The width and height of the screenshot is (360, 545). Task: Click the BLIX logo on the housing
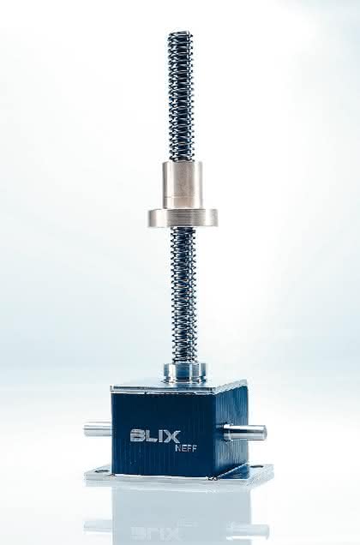(155, 436)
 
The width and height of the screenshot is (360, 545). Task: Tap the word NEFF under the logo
(185, 448)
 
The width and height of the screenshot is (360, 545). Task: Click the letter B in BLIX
(136, 436)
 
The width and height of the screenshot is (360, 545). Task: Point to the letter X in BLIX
(173, 436)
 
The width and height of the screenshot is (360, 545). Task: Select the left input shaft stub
(97, 429)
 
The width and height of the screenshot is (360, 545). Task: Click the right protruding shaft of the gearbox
(245, 433)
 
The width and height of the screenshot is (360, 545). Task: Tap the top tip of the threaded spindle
(180, 33)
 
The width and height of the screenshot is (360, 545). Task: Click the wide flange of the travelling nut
(183, 219)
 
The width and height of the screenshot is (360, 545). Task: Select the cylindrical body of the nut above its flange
(183, 186)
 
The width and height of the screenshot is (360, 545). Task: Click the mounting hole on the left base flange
(99, 471)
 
